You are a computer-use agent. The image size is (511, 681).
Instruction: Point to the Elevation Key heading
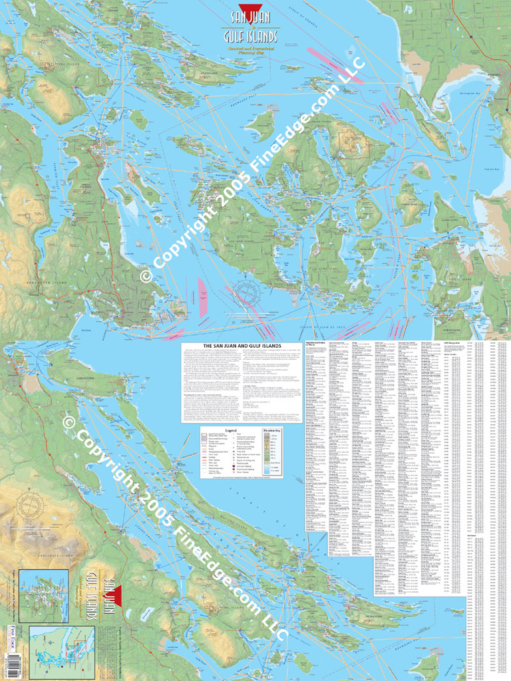click(274, 431)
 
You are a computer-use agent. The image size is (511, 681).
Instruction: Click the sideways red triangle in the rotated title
click(112, 585)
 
